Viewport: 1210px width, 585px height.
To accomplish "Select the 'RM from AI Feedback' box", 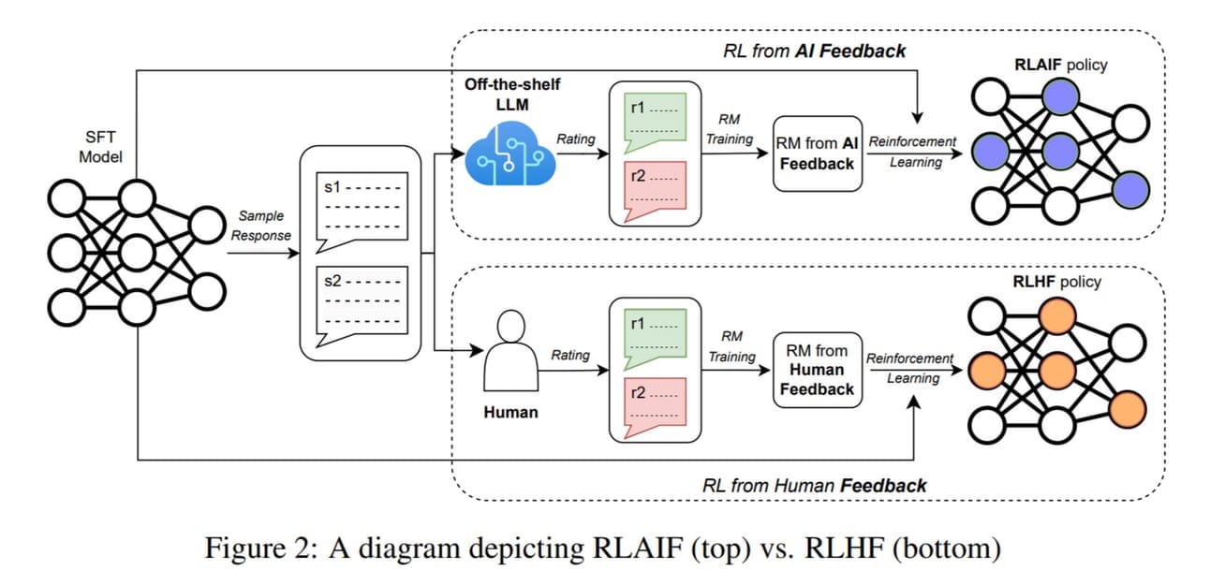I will coord(817,154).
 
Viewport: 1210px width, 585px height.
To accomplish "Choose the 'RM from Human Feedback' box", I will coord(817,369).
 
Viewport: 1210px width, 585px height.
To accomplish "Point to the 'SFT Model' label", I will coord(100,146).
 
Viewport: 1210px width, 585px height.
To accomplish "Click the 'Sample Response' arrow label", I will coord(261,226).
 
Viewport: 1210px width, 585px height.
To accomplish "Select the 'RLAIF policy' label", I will coord(1060,65).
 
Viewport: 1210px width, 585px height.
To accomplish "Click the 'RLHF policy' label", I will coord(1057,281).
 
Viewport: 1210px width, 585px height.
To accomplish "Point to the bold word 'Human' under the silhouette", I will coord(510,411).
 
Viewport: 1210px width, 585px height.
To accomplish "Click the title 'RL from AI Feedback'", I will coord(814,51).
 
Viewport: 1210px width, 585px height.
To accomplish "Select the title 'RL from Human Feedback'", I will coord(814,485).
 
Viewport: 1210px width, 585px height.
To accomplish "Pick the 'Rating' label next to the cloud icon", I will coord(575,139).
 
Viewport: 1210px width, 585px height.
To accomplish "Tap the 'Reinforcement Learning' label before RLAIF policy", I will coord(913,152).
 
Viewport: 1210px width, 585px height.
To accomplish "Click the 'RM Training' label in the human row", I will coord(731,346).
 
